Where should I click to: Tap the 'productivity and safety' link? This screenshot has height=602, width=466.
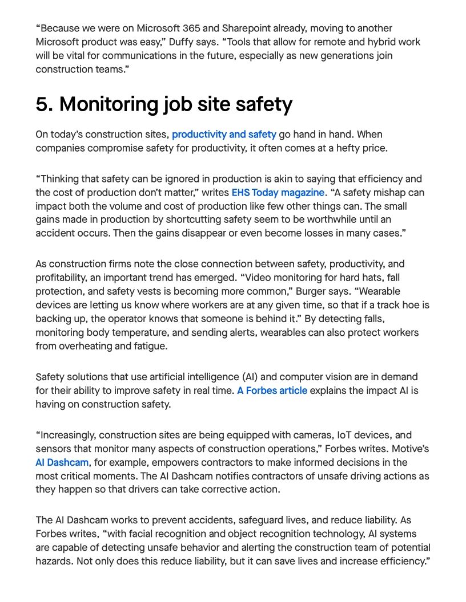click(224, 135)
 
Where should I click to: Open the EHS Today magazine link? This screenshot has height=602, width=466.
click(278, 193)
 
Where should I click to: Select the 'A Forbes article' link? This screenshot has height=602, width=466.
click(272, 391)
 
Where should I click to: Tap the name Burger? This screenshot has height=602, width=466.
click(310, 291)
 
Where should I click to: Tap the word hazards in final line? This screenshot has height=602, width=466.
click(54, 562)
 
